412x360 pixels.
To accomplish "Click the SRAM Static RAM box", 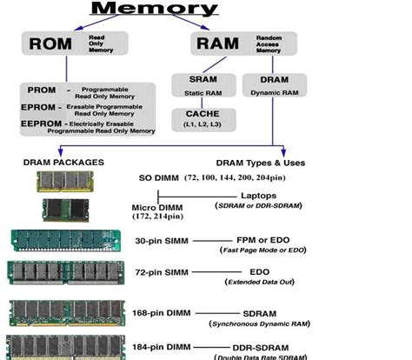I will pyautogui.click(x=202, y=84).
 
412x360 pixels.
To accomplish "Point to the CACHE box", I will pyautogui.click(x=202, y=119).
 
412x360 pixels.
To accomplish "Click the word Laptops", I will pyautogui.click(x=259, y=196).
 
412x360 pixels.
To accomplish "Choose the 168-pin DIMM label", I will pyautogui.click(x=163, y=314).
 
